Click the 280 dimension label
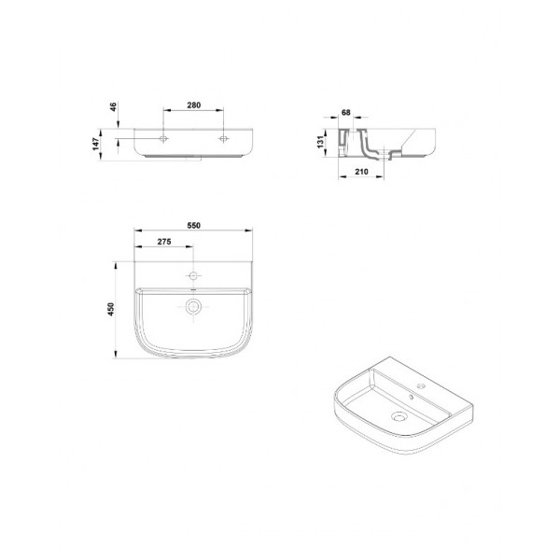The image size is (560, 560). (x=193, y=105)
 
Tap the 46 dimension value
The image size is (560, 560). (x=113, y=106)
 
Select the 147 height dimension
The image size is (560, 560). (x=96, y=144)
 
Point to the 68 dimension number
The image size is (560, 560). (x=345, y=113)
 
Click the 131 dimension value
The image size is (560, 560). (x=321, y=142)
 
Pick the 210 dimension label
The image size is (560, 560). (x=361, y=172)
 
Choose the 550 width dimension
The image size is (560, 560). (x=193, y=225)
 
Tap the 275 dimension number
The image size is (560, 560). (x=164, y=242)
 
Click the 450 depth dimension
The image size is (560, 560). (x=111, y=309)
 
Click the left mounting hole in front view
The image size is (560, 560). (x=163, y=138)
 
